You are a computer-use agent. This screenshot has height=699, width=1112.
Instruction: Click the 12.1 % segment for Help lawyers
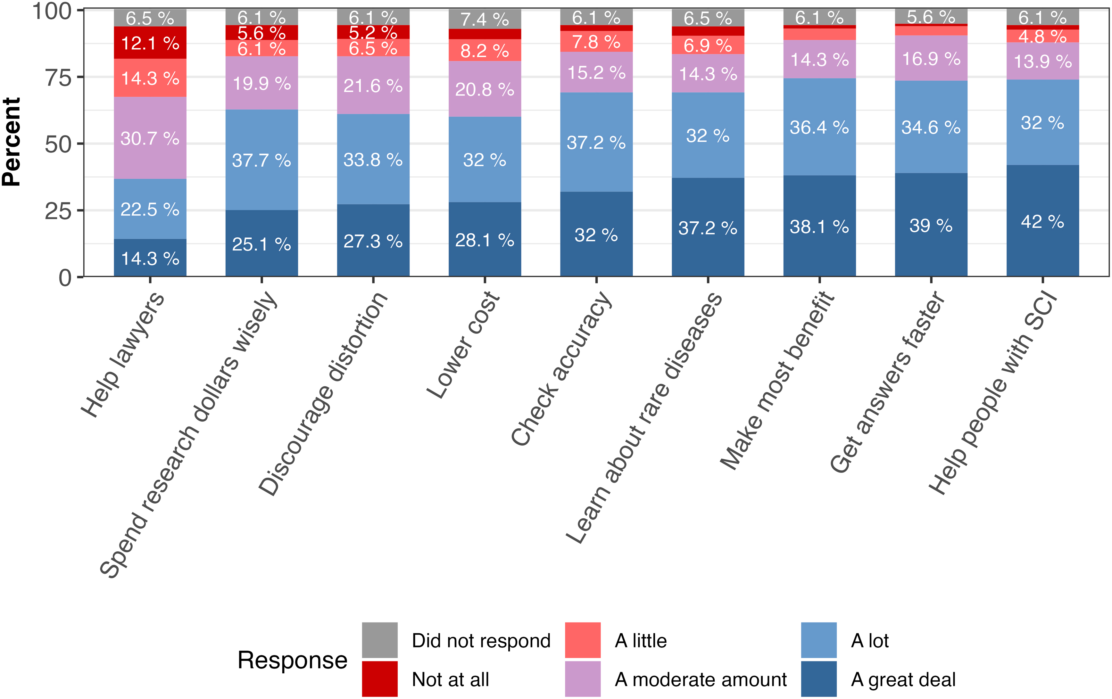point(150,43)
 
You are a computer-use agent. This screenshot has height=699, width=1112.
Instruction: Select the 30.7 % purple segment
point(150,138)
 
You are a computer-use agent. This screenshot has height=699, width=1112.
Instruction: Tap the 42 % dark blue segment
point(1043,221)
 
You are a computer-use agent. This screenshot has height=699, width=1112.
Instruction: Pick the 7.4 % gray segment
point(485,19)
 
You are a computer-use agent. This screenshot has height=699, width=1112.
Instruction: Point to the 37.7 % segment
point(261,160)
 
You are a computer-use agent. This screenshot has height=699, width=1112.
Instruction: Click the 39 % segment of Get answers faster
point(931,225)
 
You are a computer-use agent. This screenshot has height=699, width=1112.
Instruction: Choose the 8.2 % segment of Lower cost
point(485,50)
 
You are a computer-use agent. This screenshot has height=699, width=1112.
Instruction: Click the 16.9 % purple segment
point(931,58)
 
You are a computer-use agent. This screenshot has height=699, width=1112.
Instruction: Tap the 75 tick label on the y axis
point(58,78)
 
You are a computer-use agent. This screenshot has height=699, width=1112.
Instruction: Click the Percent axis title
point(12,142)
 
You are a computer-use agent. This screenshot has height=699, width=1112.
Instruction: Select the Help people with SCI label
point(993,393)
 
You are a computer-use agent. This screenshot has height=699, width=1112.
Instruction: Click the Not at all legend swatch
point(380,679)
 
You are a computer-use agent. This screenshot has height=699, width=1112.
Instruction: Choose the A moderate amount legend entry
point(676,679)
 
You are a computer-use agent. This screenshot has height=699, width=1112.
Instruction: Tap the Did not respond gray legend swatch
point(380,640)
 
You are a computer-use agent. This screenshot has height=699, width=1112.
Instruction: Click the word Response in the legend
point(292,660)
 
